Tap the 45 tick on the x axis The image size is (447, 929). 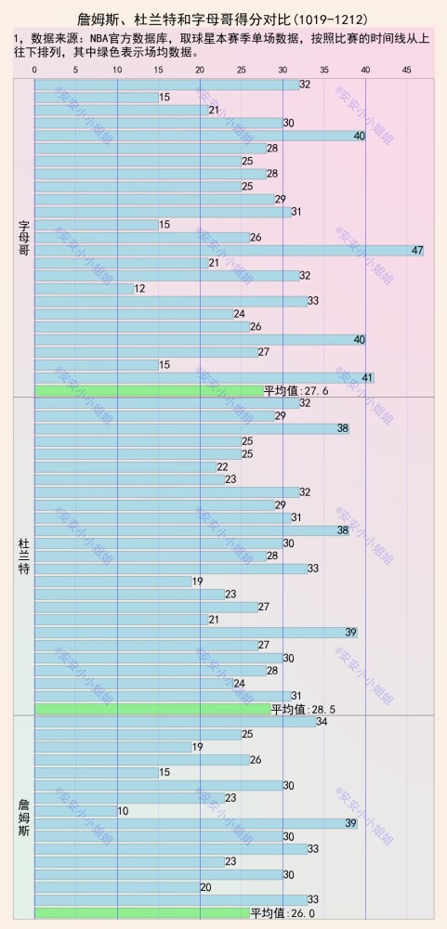pyautogui.click(x=407, y=70)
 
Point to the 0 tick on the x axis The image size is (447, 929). pyautogui.click(x=34, y=70)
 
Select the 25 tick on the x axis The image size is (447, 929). pyautogui.click(x=242, y=70)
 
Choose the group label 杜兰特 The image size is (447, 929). pyautogui.click(x=23, y=555)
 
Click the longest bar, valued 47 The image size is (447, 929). pyautogui.click(x=229, y=250)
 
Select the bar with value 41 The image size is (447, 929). pyautogui.click(x=204, y=377)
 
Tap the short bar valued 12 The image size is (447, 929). pyautogui.click(x=84, y=288)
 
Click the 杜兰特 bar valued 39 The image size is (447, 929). pyautogui.click(x=195, y=633)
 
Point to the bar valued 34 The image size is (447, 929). pyautogui.click(x=175, y=722)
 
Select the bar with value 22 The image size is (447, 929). pyautogui.click(x=125, y=466)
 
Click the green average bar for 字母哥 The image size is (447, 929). pyautogui.click(x=149, y=390)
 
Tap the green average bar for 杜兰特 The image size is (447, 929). pyautogui.click(x=152, y=709)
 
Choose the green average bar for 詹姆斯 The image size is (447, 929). pyautogui.click(x=142, y=913)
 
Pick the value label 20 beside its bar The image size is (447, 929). pyautogui.click(x=205, y=887)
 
